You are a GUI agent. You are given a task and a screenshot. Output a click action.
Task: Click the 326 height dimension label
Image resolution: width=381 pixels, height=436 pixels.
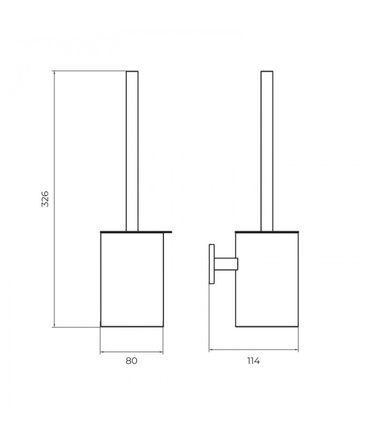click(46, 199)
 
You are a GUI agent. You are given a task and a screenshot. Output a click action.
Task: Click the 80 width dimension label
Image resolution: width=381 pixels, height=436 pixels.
click(131, 361)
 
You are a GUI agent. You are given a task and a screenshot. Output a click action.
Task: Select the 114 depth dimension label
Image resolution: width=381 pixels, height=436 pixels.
click(253, 361)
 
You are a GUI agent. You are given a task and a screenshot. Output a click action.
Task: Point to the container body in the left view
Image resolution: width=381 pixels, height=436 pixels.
click(132, 280)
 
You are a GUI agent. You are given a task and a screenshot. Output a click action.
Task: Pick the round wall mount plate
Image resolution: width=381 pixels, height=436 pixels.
click(212, 264)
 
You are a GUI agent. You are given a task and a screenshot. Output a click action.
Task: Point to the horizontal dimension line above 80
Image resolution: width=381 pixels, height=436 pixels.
click(131, 352)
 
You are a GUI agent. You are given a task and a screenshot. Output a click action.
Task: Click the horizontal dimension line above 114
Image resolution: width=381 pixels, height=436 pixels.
click(253, 350)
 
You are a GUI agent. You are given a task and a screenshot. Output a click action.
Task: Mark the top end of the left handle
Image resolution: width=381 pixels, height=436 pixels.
click(132, 71)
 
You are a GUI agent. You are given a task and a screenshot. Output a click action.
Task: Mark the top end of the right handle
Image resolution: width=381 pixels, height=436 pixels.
click(267, 71)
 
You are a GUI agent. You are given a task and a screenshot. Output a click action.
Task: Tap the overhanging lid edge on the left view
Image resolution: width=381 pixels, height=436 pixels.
click(168, 232)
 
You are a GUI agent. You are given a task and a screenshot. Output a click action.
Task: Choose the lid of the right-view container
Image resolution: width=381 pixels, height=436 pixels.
click(267, 232)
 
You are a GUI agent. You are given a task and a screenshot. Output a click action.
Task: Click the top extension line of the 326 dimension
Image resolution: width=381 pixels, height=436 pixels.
click(90, 71)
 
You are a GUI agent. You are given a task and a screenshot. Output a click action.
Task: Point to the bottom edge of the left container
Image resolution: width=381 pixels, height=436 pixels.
click(132, 327)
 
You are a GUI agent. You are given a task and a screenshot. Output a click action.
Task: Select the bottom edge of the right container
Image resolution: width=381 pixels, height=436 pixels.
click(267, 327)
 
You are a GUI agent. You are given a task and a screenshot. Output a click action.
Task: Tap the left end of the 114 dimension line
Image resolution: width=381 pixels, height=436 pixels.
click(210, 350)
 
